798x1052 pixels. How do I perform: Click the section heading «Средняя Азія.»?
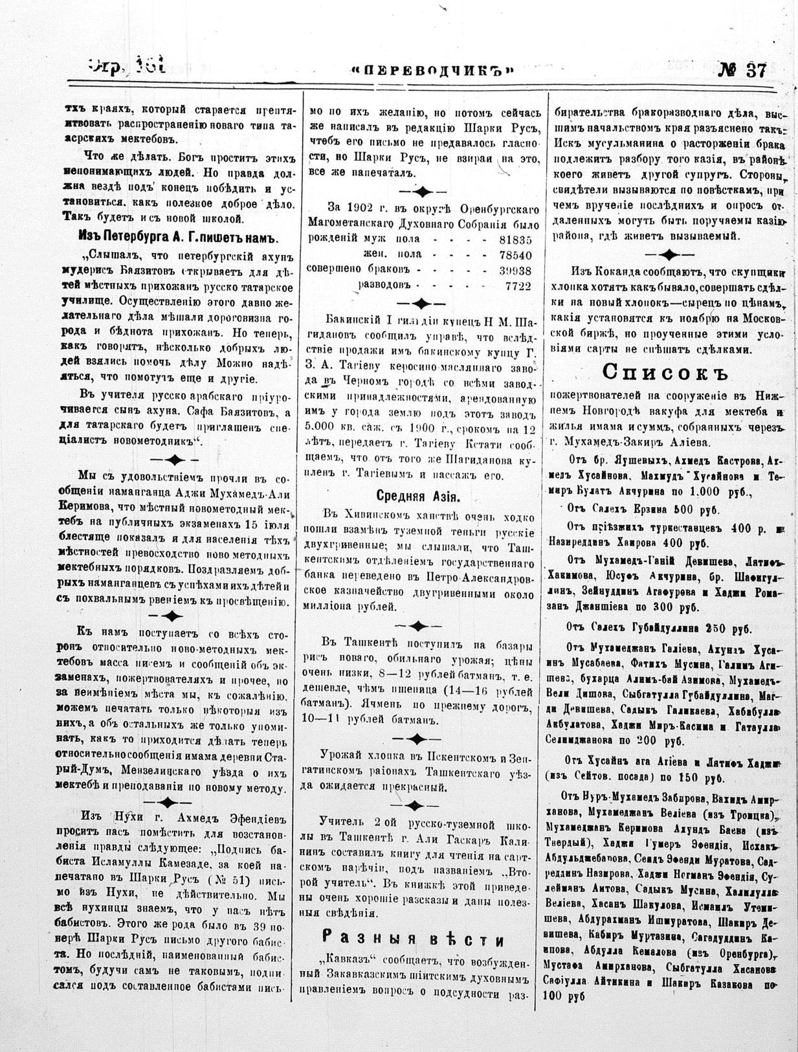pos(419,497)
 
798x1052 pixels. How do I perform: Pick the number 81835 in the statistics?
pos(516,239)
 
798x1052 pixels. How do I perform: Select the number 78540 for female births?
pos(516,254)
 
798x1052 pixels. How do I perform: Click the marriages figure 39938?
pos(516,270)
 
